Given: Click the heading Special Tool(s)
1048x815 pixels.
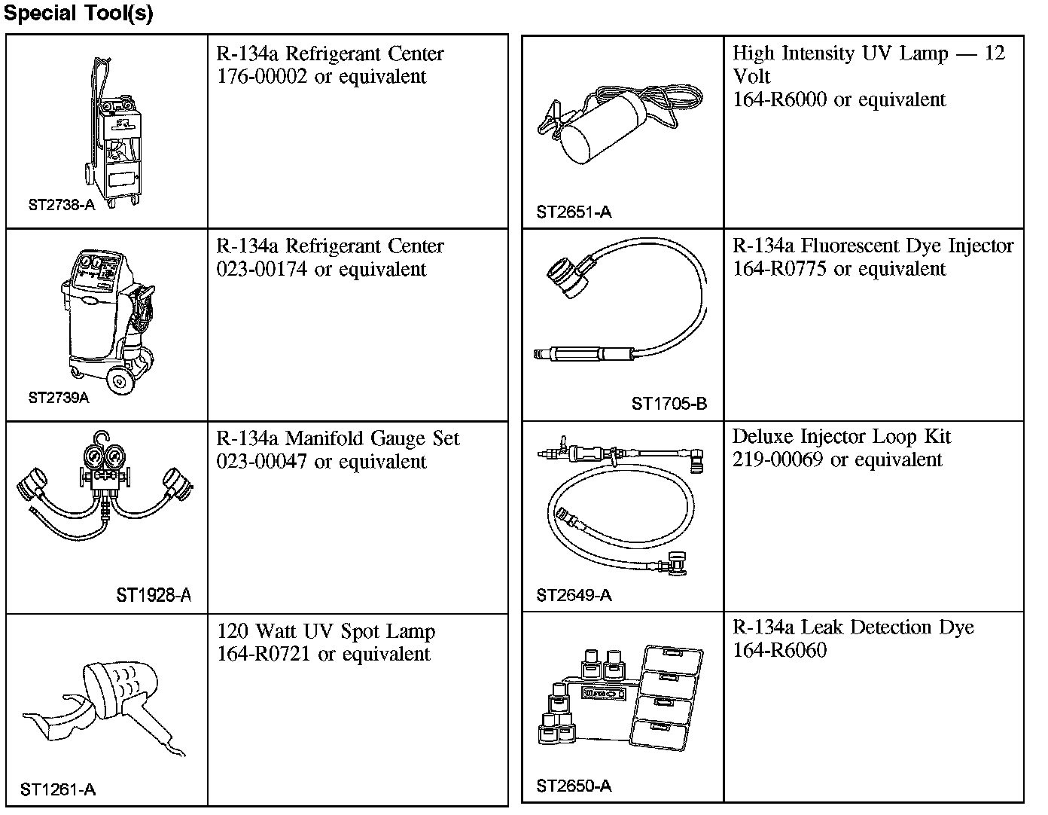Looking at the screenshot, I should click(x=78, y=14).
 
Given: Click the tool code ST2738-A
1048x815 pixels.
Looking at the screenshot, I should click(x=62, y=205).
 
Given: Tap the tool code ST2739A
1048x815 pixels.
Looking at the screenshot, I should click(x=59, y=398).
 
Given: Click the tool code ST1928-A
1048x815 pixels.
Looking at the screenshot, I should click(x=154, y=596).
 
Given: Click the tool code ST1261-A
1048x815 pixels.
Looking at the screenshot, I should click(x=58, y=789).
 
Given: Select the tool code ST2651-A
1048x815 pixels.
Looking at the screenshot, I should click(x=574, y=212).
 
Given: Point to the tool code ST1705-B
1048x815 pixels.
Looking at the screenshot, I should click(x=669, y=404).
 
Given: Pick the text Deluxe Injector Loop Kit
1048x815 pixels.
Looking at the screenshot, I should click(x=841, y=437).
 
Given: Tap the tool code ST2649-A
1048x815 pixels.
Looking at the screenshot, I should click(x=574, y=596).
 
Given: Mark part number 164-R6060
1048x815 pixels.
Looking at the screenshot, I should click(x=780, y=651).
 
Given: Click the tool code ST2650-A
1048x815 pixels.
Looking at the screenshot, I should click(x=574, y=786).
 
